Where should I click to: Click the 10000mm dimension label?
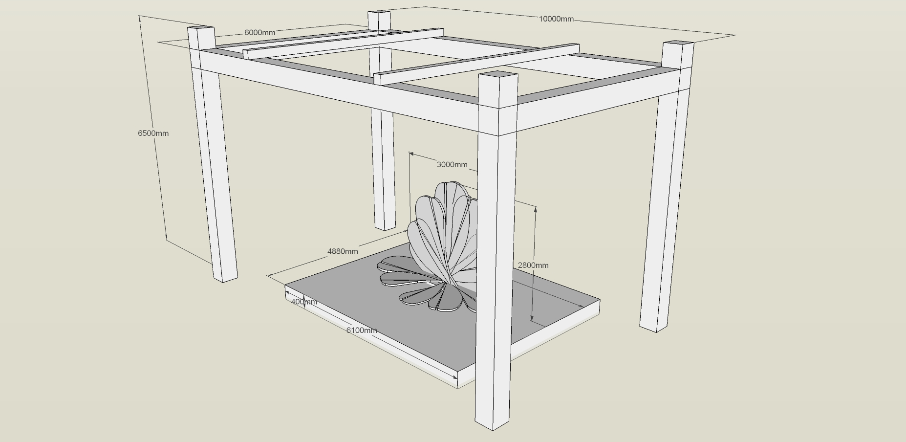[556, 19]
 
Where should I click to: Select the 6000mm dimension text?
[259, 33]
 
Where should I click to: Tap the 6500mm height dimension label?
[153, 133]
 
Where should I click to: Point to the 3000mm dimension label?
[452, 164]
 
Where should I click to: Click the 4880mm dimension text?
[343, 251]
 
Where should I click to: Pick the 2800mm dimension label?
[533, 265]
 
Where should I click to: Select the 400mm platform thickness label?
[304, 302]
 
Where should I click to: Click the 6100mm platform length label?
[362, 330]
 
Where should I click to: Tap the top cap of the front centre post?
[498, 75]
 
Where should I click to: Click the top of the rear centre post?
[379, 12]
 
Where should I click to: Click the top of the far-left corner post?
[201, 28]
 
